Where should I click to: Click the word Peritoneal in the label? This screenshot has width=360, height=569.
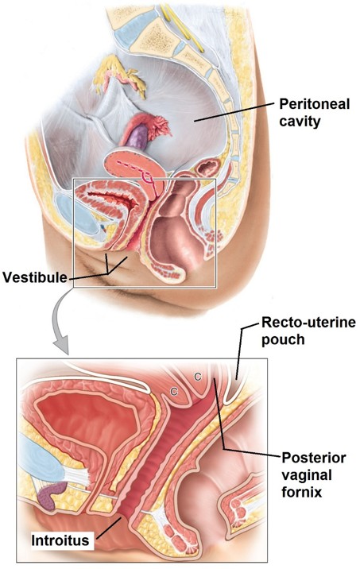(314, 105)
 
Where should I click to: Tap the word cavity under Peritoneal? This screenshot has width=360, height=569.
(300, 121)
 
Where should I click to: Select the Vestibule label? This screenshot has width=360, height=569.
(35, 277)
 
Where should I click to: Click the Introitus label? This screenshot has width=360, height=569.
(60, 540)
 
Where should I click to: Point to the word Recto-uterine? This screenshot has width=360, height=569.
(308, 322)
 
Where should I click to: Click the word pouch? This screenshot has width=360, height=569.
(283, 340)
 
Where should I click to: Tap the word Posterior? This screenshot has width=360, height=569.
(314, 458)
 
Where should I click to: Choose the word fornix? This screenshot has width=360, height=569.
(302, 492)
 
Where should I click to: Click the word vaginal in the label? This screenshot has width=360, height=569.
(307, 475)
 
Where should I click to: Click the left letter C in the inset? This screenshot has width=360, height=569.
(174, 392)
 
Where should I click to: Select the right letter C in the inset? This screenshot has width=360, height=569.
(197, 377)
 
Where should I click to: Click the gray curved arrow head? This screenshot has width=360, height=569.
(61, 346)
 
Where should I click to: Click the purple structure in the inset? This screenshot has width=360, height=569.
(52, 493)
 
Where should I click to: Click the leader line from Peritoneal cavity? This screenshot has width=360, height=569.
(234, 112)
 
